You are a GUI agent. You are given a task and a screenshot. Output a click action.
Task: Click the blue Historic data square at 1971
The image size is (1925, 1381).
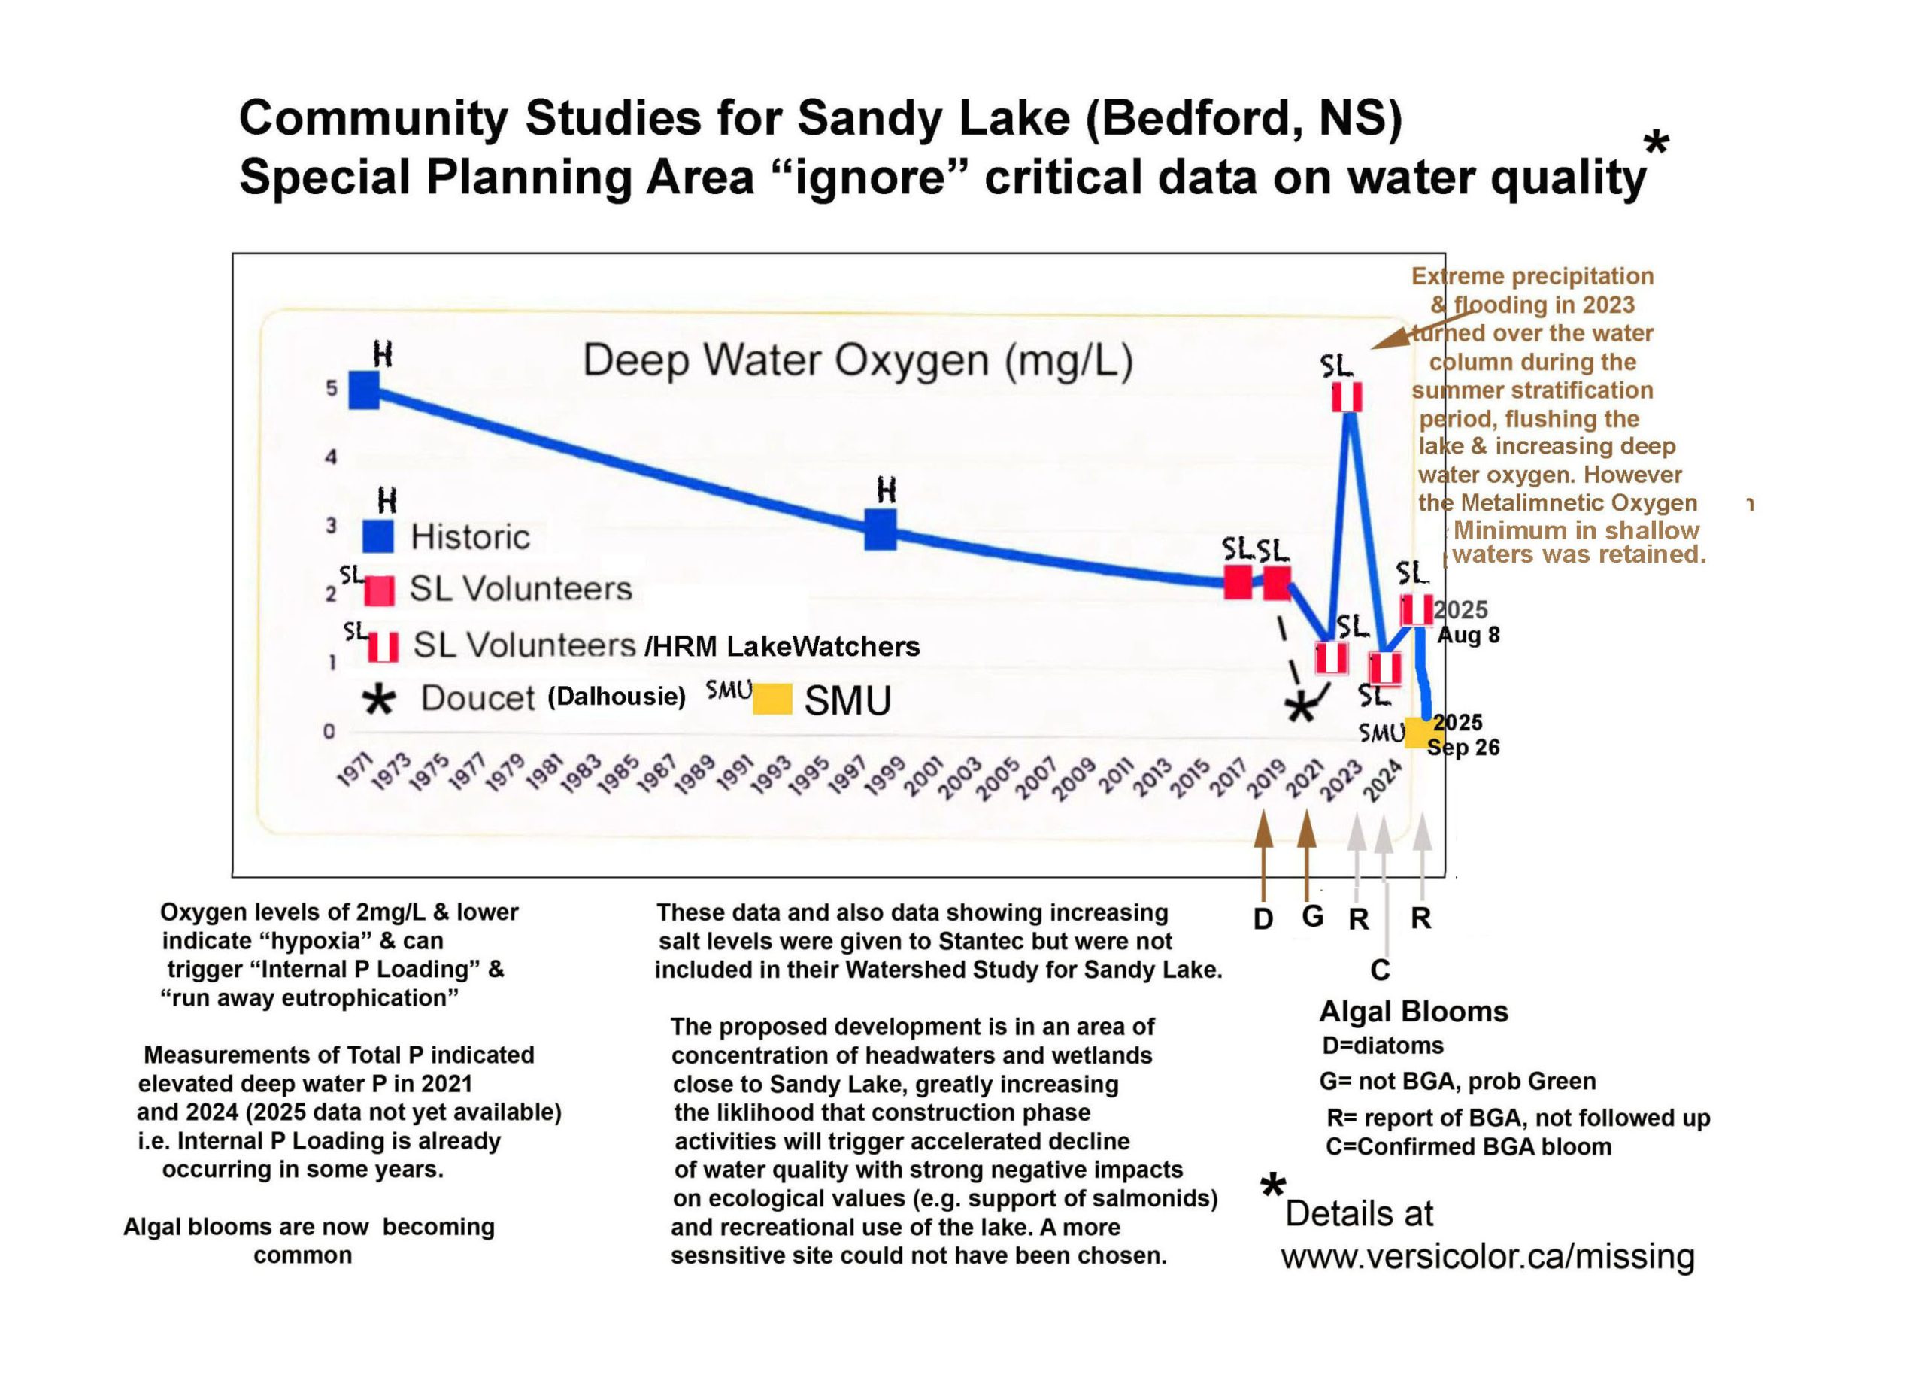click(x=364, y=390)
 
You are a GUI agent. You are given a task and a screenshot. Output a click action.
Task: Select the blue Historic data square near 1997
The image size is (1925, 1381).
click(x=881, y=529)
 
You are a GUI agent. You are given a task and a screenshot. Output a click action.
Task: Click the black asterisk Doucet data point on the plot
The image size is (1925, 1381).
click(x=1300, y=707)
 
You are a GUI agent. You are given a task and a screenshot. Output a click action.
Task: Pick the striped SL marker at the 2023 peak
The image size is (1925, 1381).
click(x=1346, y=396)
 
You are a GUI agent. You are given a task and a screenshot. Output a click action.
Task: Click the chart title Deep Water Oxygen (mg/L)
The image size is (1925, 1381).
click(x=857, y=361)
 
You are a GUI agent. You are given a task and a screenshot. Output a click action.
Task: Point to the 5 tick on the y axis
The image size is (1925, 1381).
click(x=331, y=389)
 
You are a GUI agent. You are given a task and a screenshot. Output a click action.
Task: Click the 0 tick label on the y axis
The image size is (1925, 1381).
click(x=329, y=731)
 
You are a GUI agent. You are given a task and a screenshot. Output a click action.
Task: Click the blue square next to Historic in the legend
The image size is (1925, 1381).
click(x=377, y=536)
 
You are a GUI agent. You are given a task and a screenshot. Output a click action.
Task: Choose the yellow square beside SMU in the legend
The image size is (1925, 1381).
click(x=772, y=699)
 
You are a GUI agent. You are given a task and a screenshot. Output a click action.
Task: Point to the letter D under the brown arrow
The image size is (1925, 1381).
click(x=1263, y=918)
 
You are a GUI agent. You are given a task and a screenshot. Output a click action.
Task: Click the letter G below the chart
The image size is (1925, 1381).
click(x=1312, y=917)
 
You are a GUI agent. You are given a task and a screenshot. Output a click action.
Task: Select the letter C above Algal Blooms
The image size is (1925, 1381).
click(x=1380, y=970)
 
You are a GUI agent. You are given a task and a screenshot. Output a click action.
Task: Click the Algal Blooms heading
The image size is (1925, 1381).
click(x=1413, y=1012)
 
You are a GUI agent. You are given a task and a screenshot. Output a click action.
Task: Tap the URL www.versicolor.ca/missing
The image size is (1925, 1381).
click(x=1487, y=1257)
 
